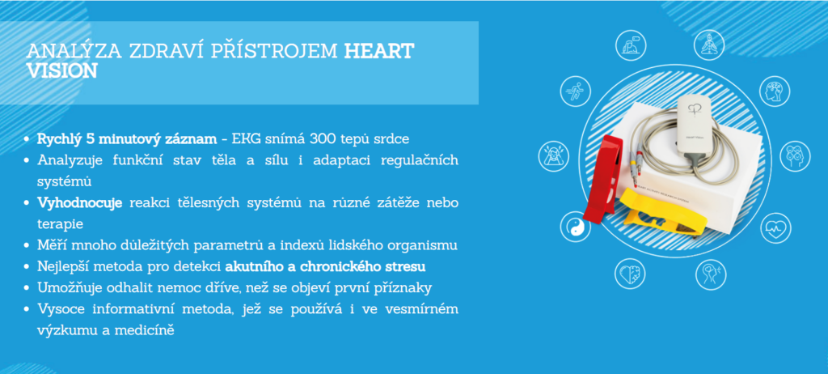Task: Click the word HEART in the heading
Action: click(x=379, y=52)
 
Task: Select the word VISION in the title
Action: click(x=61, y=71)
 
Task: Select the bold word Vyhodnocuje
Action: click(x=80, y=204)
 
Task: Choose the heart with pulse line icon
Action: click(x=775, y=228)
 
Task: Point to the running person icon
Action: click(x=576, y=91)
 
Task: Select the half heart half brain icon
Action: click(x=630, y=274)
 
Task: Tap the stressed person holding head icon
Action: click(x=553, y=156)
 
